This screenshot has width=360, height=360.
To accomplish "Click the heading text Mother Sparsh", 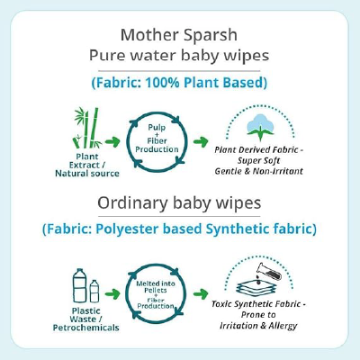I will point(180,36).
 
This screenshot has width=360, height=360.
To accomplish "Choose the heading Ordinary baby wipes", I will point(180,205).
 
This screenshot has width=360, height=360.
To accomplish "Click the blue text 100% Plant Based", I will point(206,82).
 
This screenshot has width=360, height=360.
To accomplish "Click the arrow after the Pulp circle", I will point(202,141).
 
